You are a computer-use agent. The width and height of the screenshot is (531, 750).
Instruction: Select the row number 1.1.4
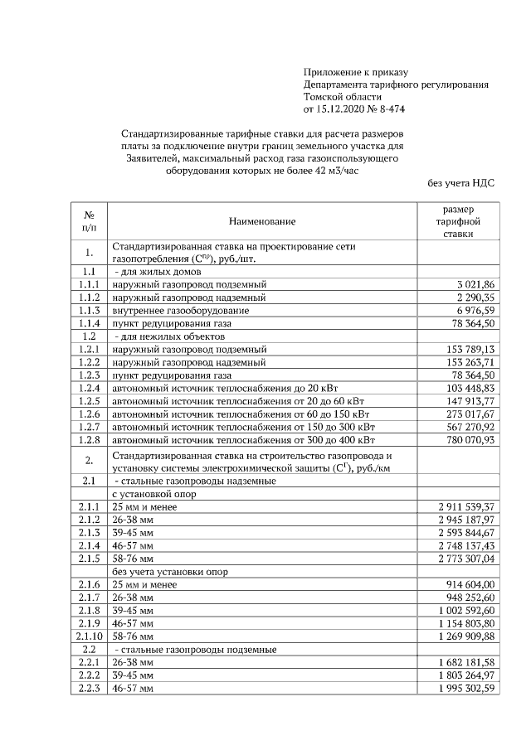pos(89,323)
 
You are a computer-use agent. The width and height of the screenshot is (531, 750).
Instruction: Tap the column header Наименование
pos(262,222)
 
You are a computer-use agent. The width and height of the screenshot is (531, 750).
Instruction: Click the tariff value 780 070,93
pos(470,439)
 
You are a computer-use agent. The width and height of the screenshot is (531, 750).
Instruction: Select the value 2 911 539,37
pos(467,506)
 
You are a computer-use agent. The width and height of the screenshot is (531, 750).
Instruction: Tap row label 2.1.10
pos(89,636)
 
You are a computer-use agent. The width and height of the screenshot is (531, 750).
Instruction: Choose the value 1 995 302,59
pos(467,689)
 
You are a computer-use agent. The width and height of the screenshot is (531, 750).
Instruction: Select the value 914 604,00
pos(470,584)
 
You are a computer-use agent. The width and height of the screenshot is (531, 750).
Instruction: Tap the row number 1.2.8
pos(89,439)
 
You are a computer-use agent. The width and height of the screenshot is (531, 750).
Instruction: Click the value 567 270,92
pos(470,426)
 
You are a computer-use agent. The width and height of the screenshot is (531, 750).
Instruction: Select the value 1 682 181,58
pos(467,663)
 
